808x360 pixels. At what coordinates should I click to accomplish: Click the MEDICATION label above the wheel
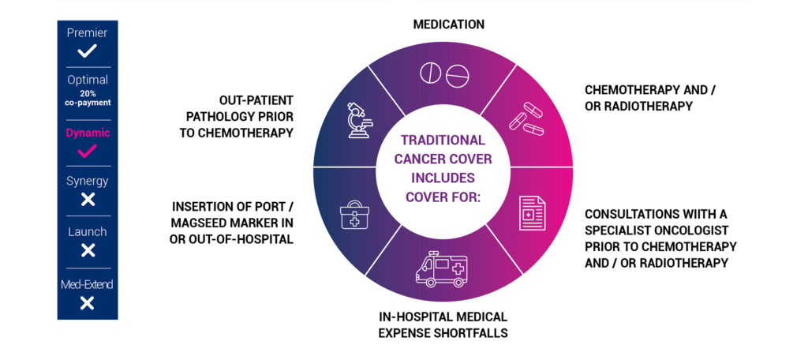[448, 24]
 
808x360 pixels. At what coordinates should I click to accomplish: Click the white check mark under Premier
[88, 52]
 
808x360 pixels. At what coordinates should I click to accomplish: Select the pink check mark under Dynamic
[88, 151]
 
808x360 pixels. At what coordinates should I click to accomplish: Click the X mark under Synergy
[88, 200]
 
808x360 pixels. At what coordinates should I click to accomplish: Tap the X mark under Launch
[88, 250]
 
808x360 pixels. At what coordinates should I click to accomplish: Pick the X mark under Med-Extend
[88, 302]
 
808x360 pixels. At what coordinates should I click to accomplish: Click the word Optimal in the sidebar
[88, 81]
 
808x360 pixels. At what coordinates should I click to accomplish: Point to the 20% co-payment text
[88, 98]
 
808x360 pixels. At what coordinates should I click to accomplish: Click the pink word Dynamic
[88, 133]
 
